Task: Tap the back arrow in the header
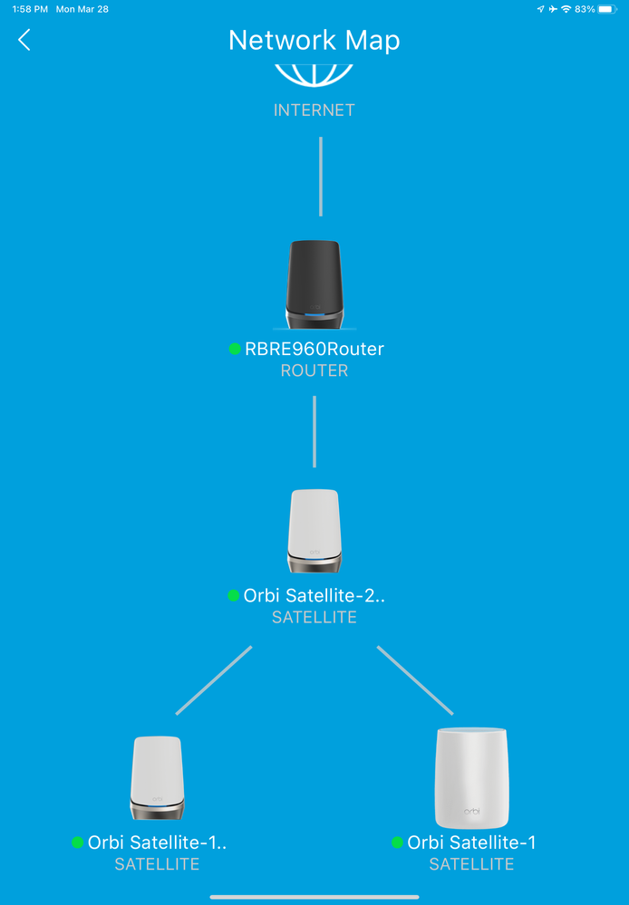24,40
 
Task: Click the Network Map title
314,41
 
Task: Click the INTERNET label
314,111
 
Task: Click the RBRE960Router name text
314,349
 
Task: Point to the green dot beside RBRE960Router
235,349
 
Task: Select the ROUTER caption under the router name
314,371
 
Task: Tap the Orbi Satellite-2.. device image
314,531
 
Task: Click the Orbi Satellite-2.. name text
314,595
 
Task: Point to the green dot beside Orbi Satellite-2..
234,595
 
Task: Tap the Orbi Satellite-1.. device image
158,777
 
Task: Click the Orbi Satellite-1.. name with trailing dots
157,842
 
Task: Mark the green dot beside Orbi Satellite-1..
78,842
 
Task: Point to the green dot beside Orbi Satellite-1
397,842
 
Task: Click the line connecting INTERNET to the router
320,177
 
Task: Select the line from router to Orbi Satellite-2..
314,431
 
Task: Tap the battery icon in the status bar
606,9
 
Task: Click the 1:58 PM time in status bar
30,9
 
